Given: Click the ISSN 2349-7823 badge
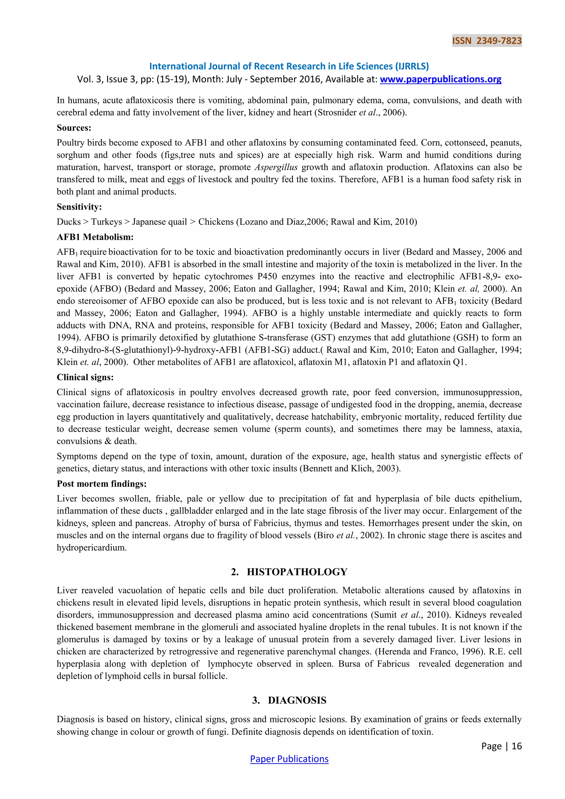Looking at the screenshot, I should [486, 41].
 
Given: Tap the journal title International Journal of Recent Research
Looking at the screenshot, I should [289, 66].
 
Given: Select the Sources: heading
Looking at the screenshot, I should [74, 128].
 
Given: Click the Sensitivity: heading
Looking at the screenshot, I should [79, 207].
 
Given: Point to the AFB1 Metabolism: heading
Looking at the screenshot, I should [95, 237].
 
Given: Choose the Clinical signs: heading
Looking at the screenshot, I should [85, 377].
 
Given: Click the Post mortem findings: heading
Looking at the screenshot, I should [101, 484].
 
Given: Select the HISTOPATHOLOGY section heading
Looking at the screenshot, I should [297, 572].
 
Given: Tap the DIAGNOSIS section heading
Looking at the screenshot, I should [297, 700].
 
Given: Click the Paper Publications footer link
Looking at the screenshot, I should [289, 759].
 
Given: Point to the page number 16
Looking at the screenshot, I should [517, 746].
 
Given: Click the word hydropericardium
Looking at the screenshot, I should [92, 548].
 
